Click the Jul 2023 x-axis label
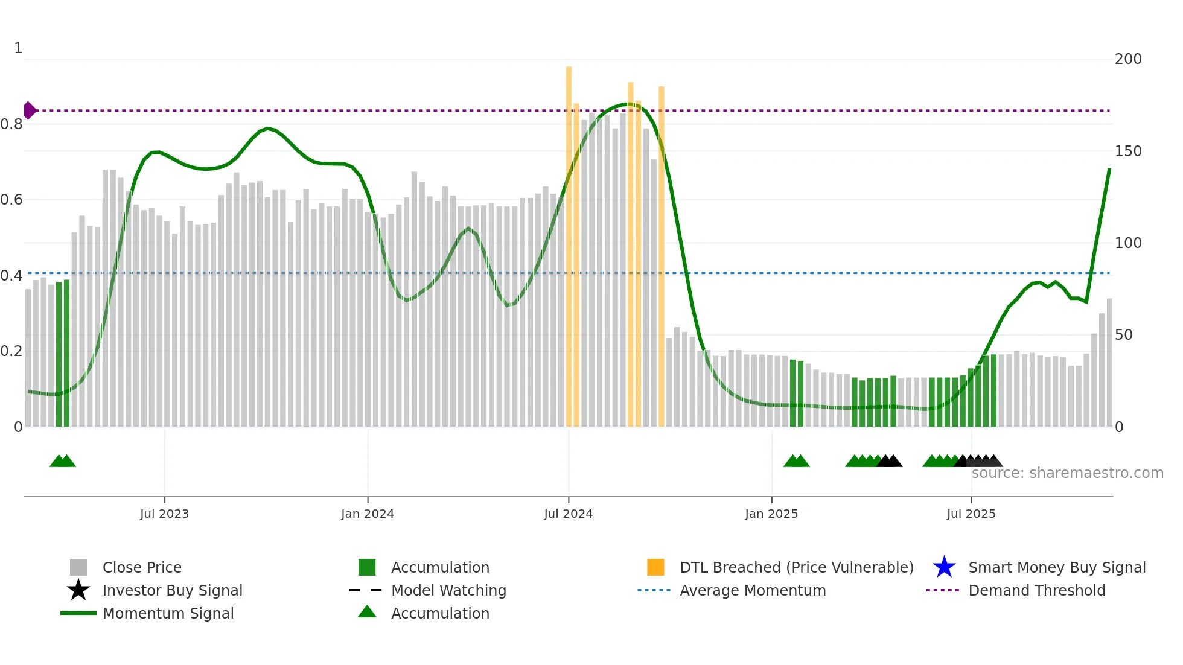coord(164,514)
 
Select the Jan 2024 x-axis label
coord(367,514)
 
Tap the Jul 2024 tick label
coord(568,514)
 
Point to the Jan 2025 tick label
coord(771,514)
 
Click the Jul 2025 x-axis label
coord(971,514)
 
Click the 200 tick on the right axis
coord(1127,59)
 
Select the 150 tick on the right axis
coord(1127,151)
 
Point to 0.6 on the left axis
coord(11,200)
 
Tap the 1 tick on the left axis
coord(18,48)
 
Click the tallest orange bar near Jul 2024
coord(569,241)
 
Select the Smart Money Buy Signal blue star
coord(944,567)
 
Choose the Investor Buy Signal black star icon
coord(78,590)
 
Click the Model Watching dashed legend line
coord(366,590)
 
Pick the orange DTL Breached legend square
coord(655,567)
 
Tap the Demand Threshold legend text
coord(1036,590)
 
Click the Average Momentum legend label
coord(753,590)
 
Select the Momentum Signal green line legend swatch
coord(78,613)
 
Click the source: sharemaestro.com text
coord(1067,473)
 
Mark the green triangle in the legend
coord(367,612)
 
